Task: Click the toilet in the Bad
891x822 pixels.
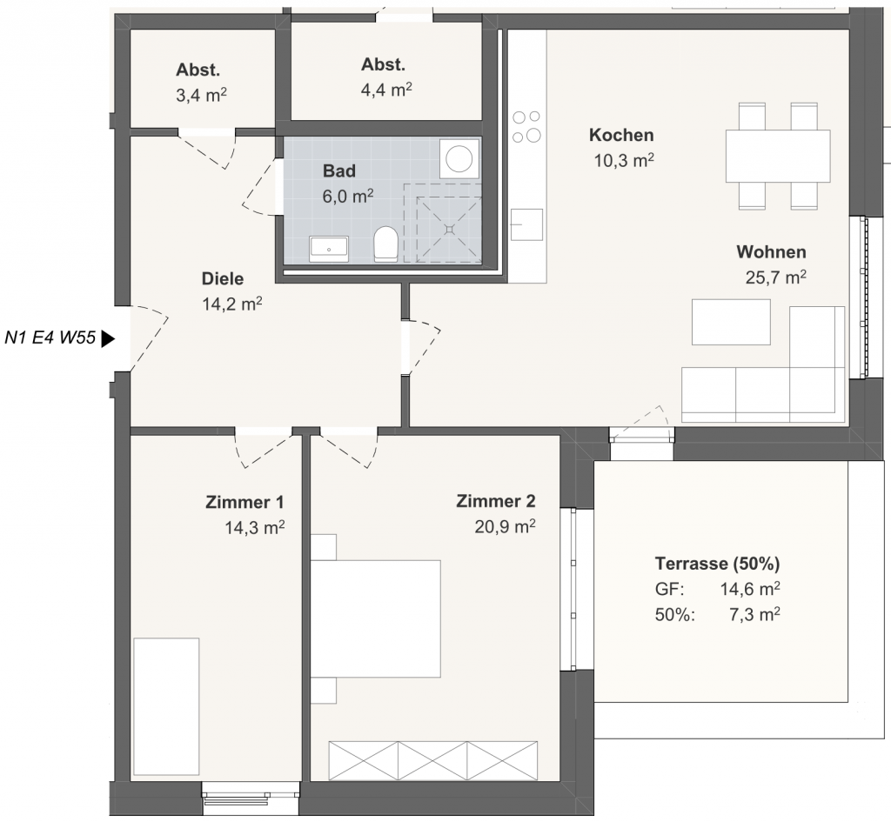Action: (x=385, y=244)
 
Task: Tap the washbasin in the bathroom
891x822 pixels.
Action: (x=329, y=250)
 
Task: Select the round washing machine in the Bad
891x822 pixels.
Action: (x=459, y=158)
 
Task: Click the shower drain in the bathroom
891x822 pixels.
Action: (x=450, y=229)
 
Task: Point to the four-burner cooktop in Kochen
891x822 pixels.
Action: (x=526, y=126)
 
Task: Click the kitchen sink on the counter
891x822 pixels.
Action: (x=526, y=224)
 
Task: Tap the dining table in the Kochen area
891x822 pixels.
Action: (x=778, y=157)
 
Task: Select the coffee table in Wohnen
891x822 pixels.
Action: (x=731, y=322)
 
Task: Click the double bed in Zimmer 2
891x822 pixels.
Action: (x=376, y=618)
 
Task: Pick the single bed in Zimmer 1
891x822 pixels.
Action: (x=166, y=706)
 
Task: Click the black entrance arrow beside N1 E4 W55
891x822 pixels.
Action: (x=108, y=339)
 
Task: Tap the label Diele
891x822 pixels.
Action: (x=223, y=279)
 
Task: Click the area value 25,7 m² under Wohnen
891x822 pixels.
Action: (x=775, y=277)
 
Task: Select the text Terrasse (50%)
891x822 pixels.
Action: (x=717, y=564)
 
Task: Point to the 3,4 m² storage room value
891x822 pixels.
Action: (x=201, y=95)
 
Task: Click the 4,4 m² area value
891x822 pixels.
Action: (x=386, y=90)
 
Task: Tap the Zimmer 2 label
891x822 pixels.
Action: (x=495, y=501)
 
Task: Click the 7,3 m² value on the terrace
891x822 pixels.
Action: (x=754, y=614)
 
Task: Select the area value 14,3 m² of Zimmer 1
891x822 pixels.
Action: (x=255, y=528)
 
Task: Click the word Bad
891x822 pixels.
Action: (x=339, y=170)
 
